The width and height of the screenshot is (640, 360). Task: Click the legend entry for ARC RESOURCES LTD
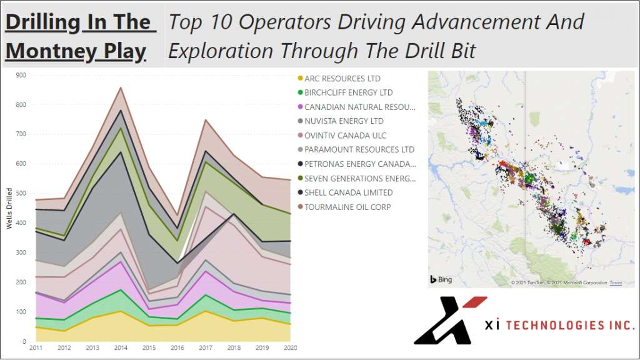pyautogui.click(x=342, y=79)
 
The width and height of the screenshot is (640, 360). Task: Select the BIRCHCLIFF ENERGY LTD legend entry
pyautogui.click(x=349, y=93)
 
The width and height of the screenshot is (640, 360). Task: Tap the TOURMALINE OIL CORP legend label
pyautogui.click(x=347, y=207)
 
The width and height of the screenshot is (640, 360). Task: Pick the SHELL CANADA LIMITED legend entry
pyautogui.click(x=348, y=192)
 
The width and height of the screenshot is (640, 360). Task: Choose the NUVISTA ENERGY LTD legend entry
pyautogui.click(x=344, y=121)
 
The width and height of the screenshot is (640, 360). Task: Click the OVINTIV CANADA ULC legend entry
pyautogui.click(x=345, y=136)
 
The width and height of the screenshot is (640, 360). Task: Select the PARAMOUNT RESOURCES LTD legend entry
pyautogui.click(x=359, y=150)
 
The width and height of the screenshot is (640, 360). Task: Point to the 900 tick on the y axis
pyautogui.click(x=21, y=76)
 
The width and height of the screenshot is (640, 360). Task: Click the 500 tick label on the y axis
pyautogui.click(x=21, y=194)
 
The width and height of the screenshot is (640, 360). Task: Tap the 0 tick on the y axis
pyautogui.click(x=24, y=342)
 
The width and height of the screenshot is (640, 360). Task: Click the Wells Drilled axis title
pyautogui.click(x=9, y=209)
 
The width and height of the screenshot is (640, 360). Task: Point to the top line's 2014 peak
pyautogui.click(x=121, y=87)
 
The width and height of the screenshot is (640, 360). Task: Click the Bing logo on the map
pyautogui.click(x=441, y=279)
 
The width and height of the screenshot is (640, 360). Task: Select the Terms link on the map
pyautogui.click(x=616, y=283)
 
